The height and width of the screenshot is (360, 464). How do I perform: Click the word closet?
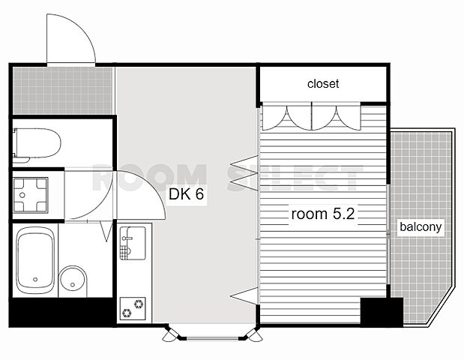[x=323, y=84]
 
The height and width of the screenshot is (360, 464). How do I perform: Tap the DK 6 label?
[x=186, y=194]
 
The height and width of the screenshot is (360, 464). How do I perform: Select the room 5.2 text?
[x=323, y=214]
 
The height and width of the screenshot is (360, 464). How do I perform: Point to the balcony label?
[x=421, y=227]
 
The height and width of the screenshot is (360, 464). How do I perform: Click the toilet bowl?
[x=37, y=144]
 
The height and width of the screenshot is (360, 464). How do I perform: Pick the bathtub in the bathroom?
[x=35, y=260]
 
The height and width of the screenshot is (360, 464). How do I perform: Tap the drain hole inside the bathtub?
[x=35, y=279]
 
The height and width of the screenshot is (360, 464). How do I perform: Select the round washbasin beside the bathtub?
[x=73, y=281]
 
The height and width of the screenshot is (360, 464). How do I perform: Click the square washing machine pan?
[x=30, y=195]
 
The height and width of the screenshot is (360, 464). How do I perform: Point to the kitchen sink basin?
[x=133, y=243]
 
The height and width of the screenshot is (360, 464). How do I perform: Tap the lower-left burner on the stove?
[x=127, y=312]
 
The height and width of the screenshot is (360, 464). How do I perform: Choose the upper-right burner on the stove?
[x=139, y=304]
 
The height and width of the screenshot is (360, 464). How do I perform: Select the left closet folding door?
[x=287, y=117]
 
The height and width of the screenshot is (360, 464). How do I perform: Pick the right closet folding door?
[x=336, y=117]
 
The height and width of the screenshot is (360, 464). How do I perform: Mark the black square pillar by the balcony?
[x=382, y=312]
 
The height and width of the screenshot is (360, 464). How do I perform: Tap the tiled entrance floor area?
[x=63, y=91]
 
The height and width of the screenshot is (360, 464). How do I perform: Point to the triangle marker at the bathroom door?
[x=106, y=231]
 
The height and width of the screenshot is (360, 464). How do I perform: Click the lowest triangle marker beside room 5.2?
[x=244, y=295]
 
